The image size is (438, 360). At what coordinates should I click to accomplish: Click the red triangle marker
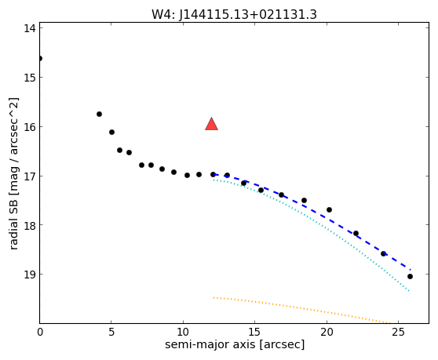pos(211,125)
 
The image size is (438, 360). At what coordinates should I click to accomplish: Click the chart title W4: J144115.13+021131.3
pos(234,15)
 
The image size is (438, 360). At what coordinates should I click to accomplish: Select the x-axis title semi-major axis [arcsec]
pos(235,344)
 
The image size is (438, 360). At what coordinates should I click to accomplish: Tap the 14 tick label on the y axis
pos(30,28)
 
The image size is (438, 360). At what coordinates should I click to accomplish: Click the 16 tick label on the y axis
pos(30,127)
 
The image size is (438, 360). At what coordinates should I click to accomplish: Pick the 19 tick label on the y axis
pos(30,275)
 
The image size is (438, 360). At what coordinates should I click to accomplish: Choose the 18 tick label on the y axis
pos(30,225)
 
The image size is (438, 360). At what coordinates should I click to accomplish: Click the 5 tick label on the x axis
pos(111,332)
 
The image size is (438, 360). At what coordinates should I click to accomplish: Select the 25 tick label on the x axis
pos(398,332)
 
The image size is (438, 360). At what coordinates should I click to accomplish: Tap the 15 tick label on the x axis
pos(255,332)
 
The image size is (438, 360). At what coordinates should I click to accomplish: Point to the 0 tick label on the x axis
pos(40,332)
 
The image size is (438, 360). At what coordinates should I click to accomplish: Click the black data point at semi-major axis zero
pos(40,58)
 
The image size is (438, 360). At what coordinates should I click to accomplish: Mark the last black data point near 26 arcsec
pos(410,276)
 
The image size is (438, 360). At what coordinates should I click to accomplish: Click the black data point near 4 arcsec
pos(99,114)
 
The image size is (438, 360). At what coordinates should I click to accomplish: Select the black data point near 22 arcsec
pos(356,233)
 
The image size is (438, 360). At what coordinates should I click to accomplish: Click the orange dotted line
pos(301,309)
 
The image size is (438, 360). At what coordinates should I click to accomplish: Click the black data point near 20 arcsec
pos(329,209)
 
